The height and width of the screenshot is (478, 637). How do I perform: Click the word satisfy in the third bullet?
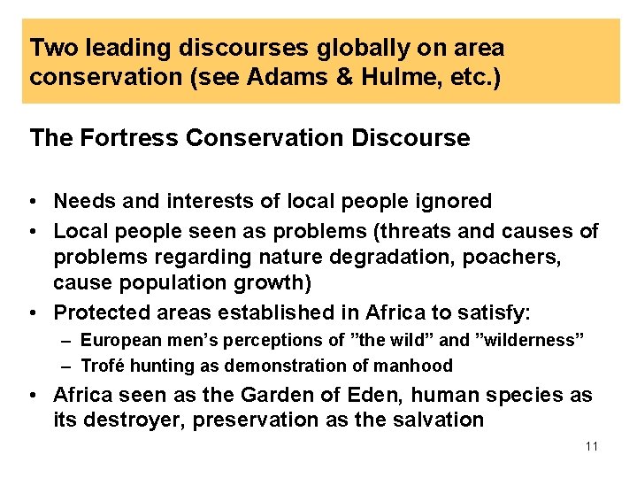(x=497, y=313)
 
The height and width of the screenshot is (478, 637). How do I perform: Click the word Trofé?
(x=103, y=366)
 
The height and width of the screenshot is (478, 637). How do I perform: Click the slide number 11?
(x=592, y=446)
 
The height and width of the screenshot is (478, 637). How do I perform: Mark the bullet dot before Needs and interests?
(x=35, y=202)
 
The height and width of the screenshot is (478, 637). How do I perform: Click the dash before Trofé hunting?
(x=68, y=366)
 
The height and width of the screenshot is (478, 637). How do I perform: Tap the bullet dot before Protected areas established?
(x=35, y=313)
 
